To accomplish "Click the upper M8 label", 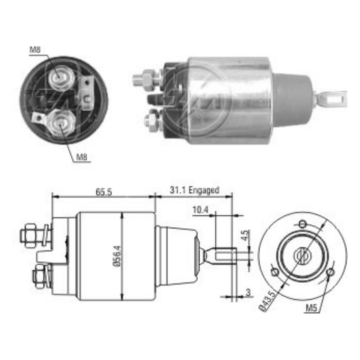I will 35,49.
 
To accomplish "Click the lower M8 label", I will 81,157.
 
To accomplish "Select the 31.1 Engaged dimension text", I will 194,190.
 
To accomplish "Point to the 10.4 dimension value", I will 200,210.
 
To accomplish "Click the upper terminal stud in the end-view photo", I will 59,78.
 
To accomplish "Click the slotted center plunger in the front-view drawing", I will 302,256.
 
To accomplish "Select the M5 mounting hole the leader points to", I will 330,272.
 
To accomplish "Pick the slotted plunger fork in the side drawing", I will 224,256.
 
